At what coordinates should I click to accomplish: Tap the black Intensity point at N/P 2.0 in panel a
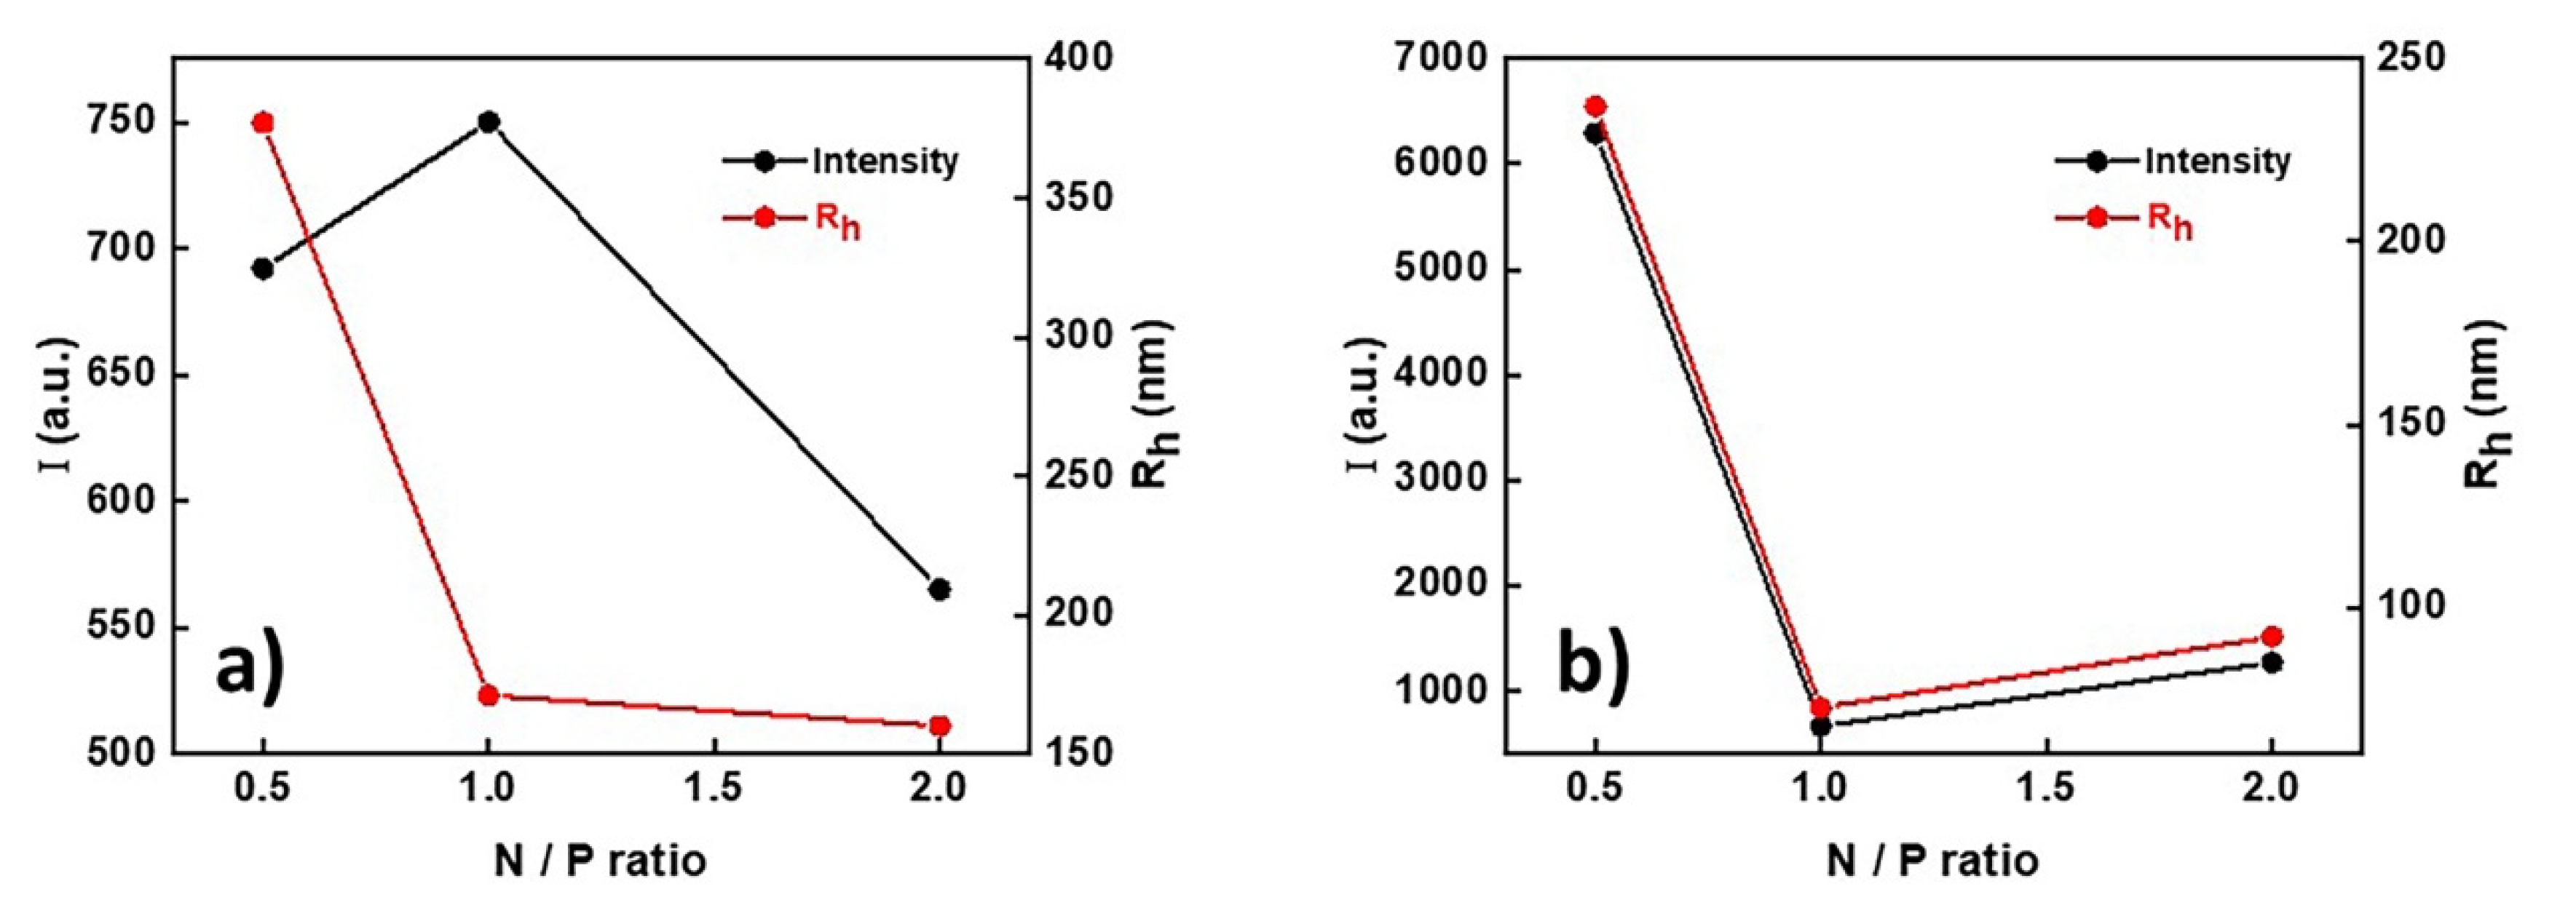939,589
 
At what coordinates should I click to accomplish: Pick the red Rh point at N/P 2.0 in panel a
939,726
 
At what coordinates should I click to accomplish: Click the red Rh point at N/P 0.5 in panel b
1595,106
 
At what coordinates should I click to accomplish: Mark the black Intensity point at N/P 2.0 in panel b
2272,663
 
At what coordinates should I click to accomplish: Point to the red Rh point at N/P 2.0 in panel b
2272,637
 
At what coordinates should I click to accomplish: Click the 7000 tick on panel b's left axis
1431,57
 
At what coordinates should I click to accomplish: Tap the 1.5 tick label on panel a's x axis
714,789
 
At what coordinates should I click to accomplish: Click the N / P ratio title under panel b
1932,859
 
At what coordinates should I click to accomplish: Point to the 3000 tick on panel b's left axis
1431,479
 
